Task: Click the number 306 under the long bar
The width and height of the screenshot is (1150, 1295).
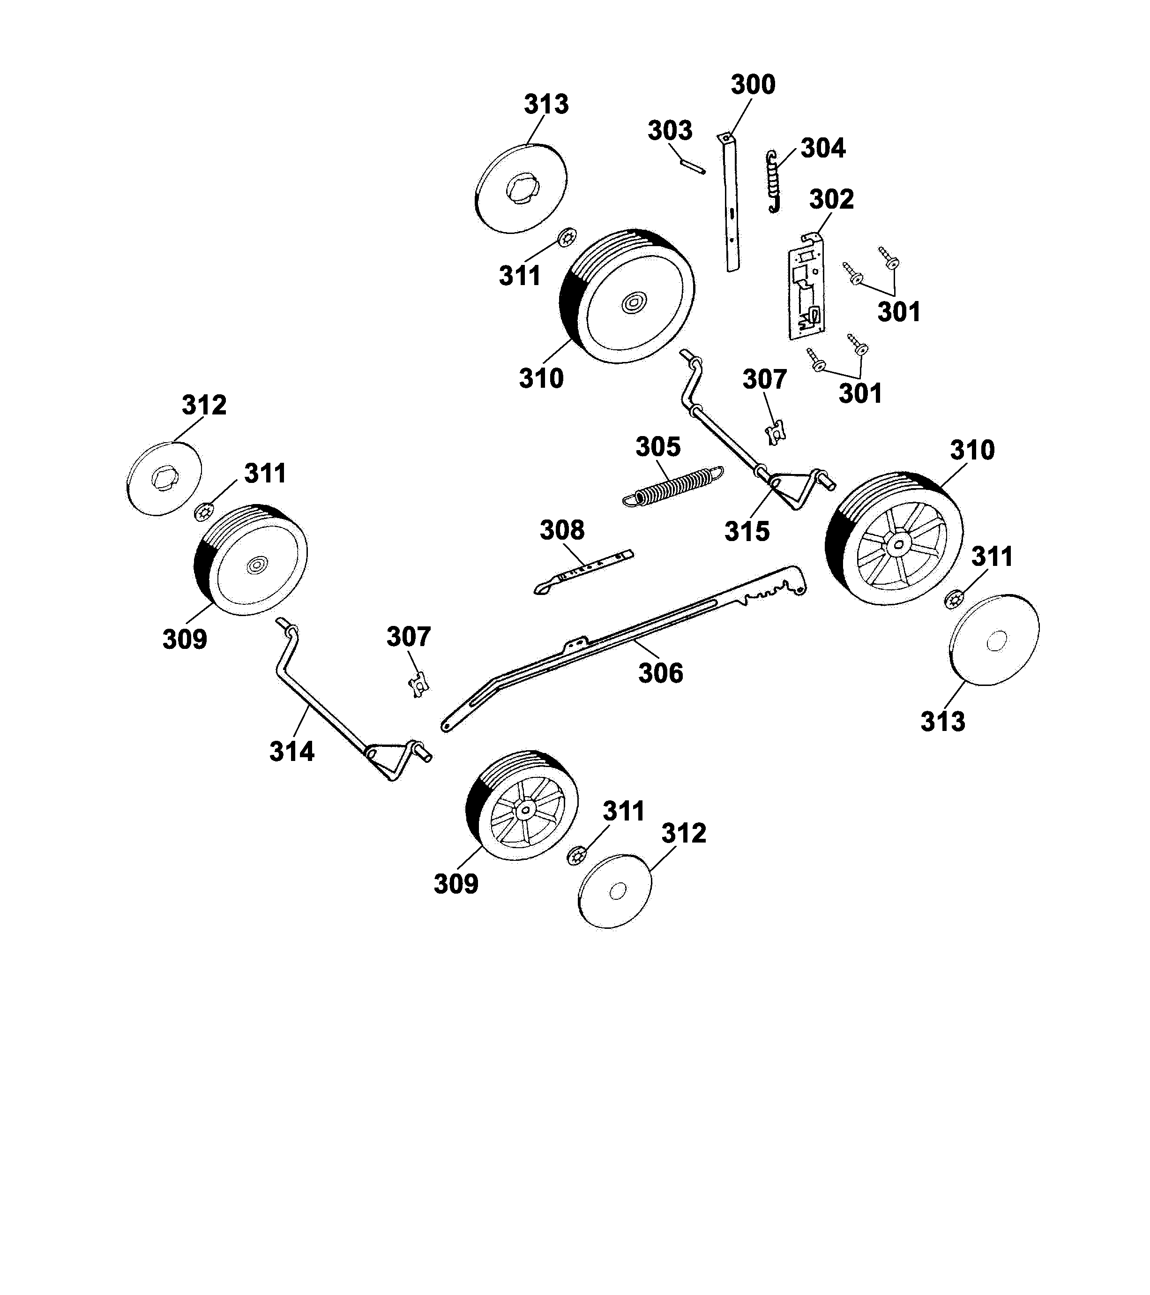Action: [x=660, y=673]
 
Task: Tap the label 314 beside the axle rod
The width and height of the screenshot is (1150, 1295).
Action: [x=291, y=752]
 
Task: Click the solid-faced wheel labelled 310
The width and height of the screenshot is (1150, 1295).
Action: [x=627, y=296]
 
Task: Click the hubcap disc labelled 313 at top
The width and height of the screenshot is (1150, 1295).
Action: [x=521, y=189]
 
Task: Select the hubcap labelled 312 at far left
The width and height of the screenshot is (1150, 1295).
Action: [x=164, y=478]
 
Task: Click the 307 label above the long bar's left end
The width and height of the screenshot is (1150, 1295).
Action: [x=409, y=636]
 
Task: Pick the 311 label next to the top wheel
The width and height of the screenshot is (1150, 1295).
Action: [x=519, y=276]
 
